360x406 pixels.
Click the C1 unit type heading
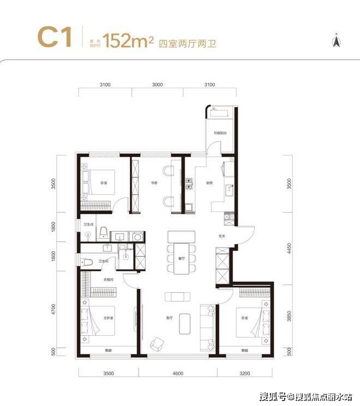(54, 37)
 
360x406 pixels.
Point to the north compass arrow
(337, 39)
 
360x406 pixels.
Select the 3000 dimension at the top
(157, 85)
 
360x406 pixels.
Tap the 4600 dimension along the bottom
(176, 373)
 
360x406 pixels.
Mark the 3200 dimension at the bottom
(244, 373)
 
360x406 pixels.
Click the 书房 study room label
(154, 183)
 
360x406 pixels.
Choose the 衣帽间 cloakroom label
(108, 280)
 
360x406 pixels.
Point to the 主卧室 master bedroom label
(108, 318)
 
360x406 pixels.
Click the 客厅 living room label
(169, 318)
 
